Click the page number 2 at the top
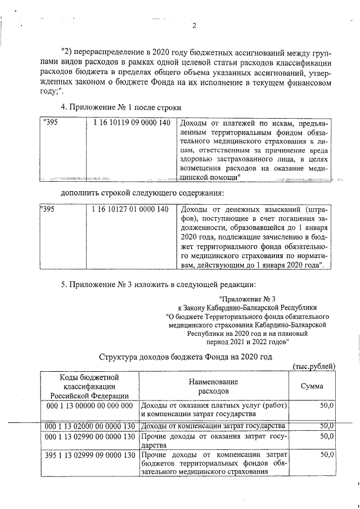[x=193, y=25]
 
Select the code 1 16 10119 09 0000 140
[x=129, y=123]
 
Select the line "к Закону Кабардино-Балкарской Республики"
[x=247, y=308]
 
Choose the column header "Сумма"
[x=312, y=386]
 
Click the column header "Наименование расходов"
[x=214, y=386]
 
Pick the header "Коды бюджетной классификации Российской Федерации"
[x=89, y=386]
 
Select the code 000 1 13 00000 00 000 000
[x=89, y=406]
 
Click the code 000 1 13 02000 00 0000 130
[x=90, y=426]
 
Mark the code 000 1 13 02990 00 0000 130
[x=90, y=436]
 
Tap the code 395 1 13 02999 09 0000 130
[x=90, y=454]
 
